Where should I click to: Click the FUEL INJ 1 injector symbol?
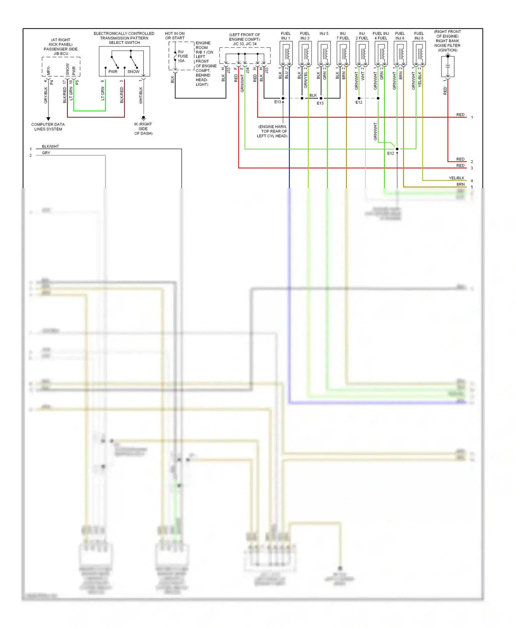click(286, 53)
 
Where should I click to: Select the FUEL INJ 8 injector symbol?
click(419, 53)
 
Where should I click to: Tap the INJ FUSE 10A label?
click(182, 56)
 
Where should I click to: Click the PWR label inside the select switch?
click(113, 72)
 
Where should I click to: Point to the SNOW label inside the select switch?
click(133, 72)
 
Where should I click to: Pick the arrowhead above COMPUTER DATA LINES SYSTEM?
click(48, 119)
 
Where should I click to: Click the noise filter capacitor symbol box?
click(448, 66)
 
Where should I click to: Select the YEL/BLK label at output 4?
click(456, 178)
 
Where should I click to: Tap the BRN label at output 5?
click(460, 184)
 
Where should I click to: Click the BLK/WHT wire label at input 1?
click(50, 146)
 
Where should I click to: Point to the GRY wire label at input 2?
click(46, 153)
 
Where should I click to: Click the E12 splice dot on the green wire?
click(397, 149)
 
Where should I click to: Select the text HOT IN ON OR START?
click(175, 36)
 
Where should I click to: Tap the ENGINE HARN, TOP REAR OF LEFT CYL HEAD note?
click(272, 131)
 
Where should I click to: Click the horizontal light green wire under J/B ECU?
click(89, 111)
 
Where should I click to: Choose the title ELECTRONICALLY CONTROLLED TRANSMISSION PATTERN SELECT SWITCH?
click(124, 38)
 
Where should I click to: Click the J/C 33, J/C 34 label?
click(244, 44)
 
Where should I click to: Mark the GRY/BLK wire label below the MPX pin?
click(46, 95)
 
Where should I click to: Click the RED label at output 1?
click(460, 115)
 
